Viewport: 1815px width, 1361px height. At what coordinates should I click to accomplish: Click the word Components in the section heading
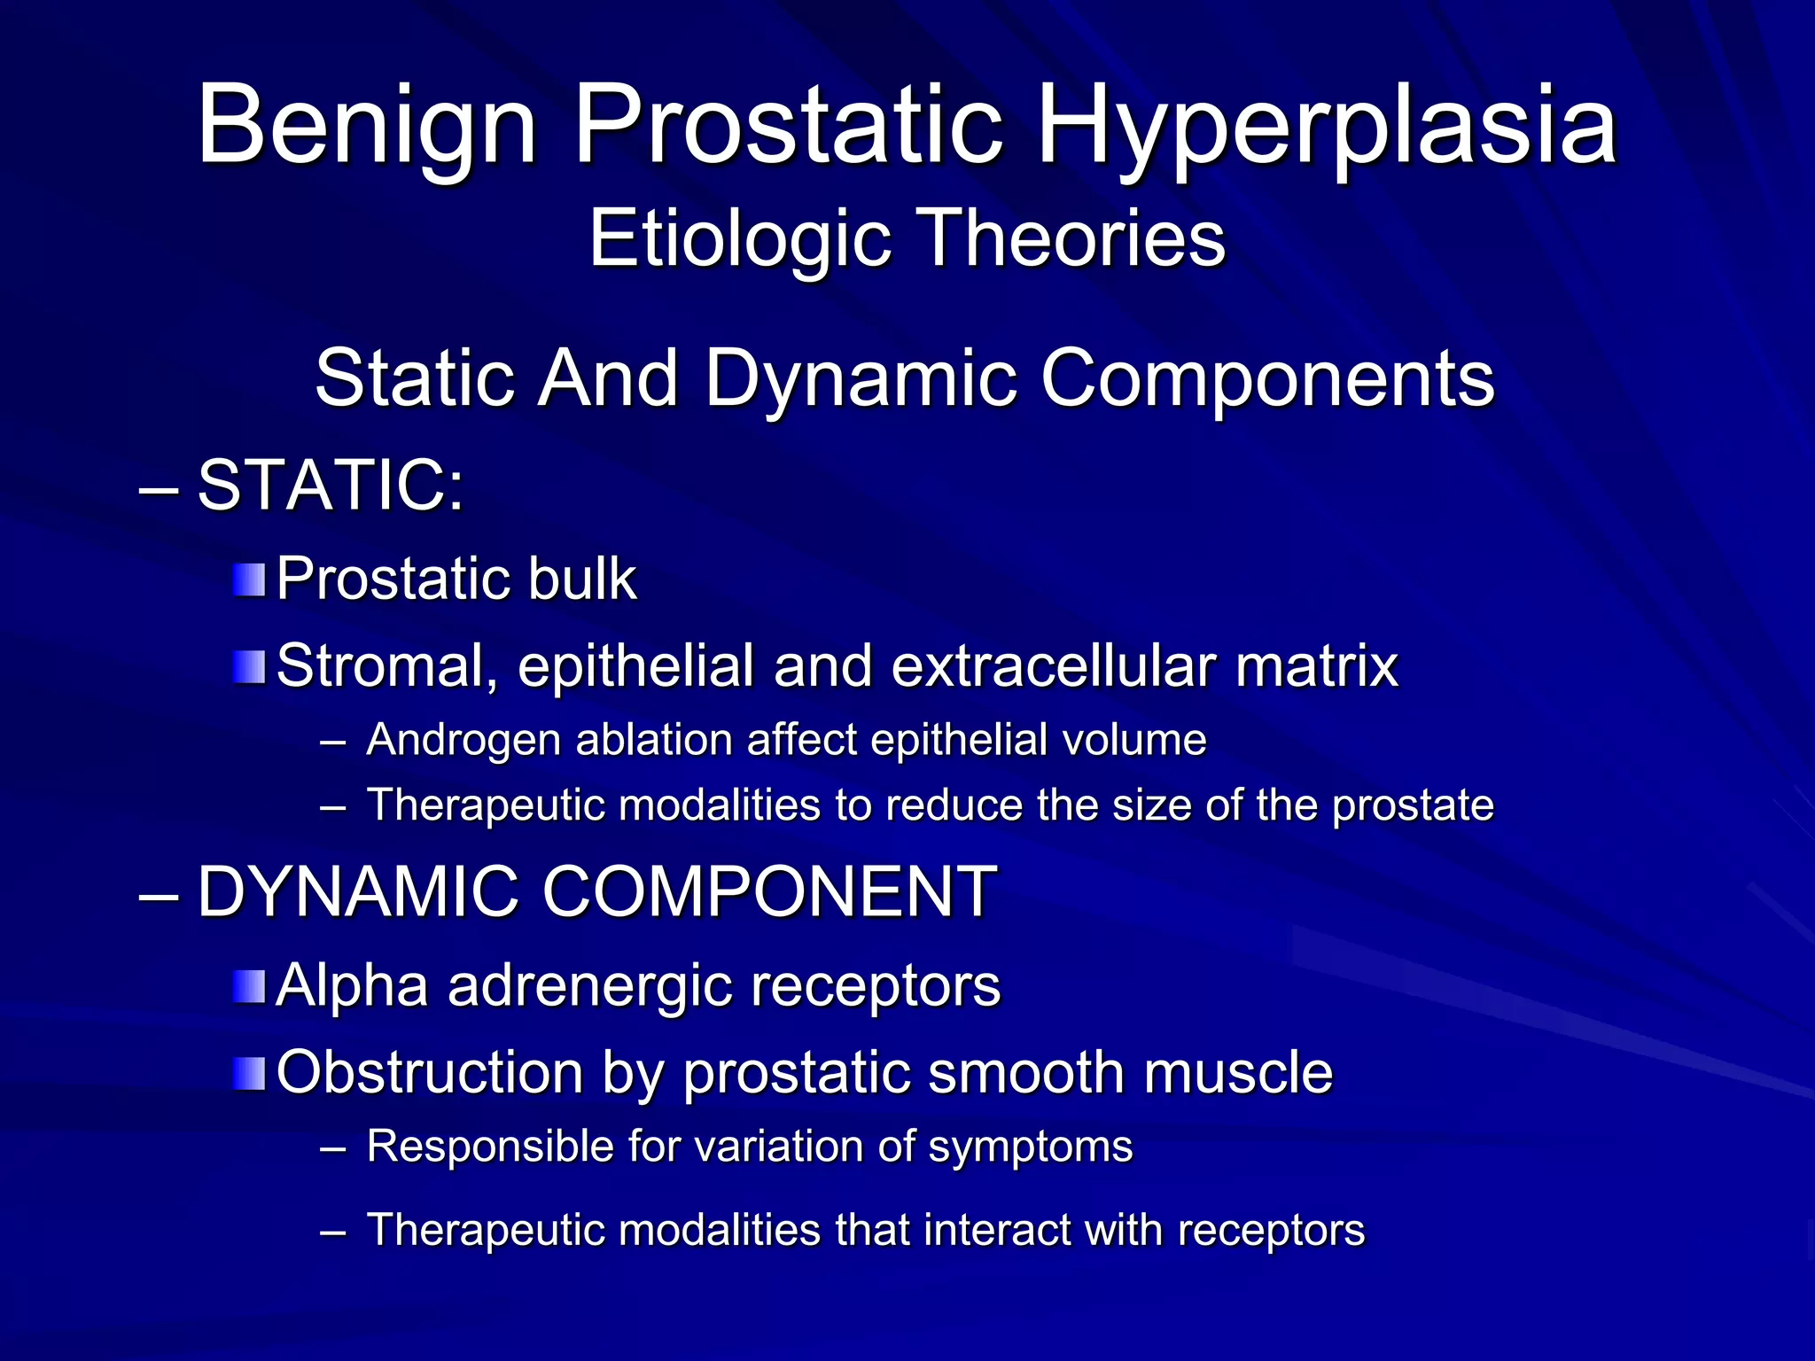click(1268, 378)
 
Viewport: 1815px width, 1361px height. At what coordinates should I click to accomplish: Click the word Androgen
click(463, 740)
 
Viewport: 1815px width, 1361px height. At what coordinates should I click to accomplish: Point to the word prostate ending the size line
click(1413, 805)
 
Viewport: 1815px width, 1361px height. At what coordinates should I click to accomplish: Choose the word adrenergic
click(590, 986)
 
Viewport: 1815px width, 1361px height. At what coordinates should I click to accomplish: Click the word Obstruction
click(429, 1072)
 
